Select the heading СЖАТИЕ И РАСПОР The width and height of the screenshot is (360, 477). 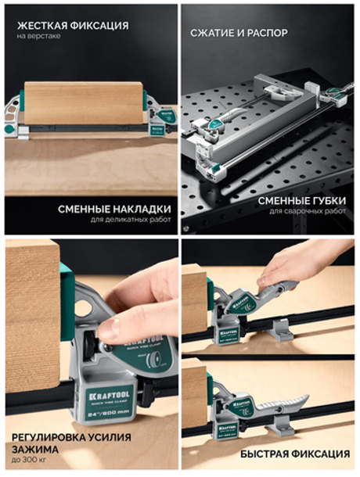(x=239, y=33)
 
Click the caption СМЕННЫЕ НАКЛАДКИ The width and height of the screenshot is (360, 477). (x=114, y=209)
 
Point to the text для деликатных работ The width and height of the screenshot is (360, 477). (x=128, y=221)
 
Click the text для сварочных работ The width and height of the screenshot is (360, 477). (x=308, y=212)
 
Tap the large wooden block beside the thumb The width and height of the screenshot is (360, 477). (x=31, y=313)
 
